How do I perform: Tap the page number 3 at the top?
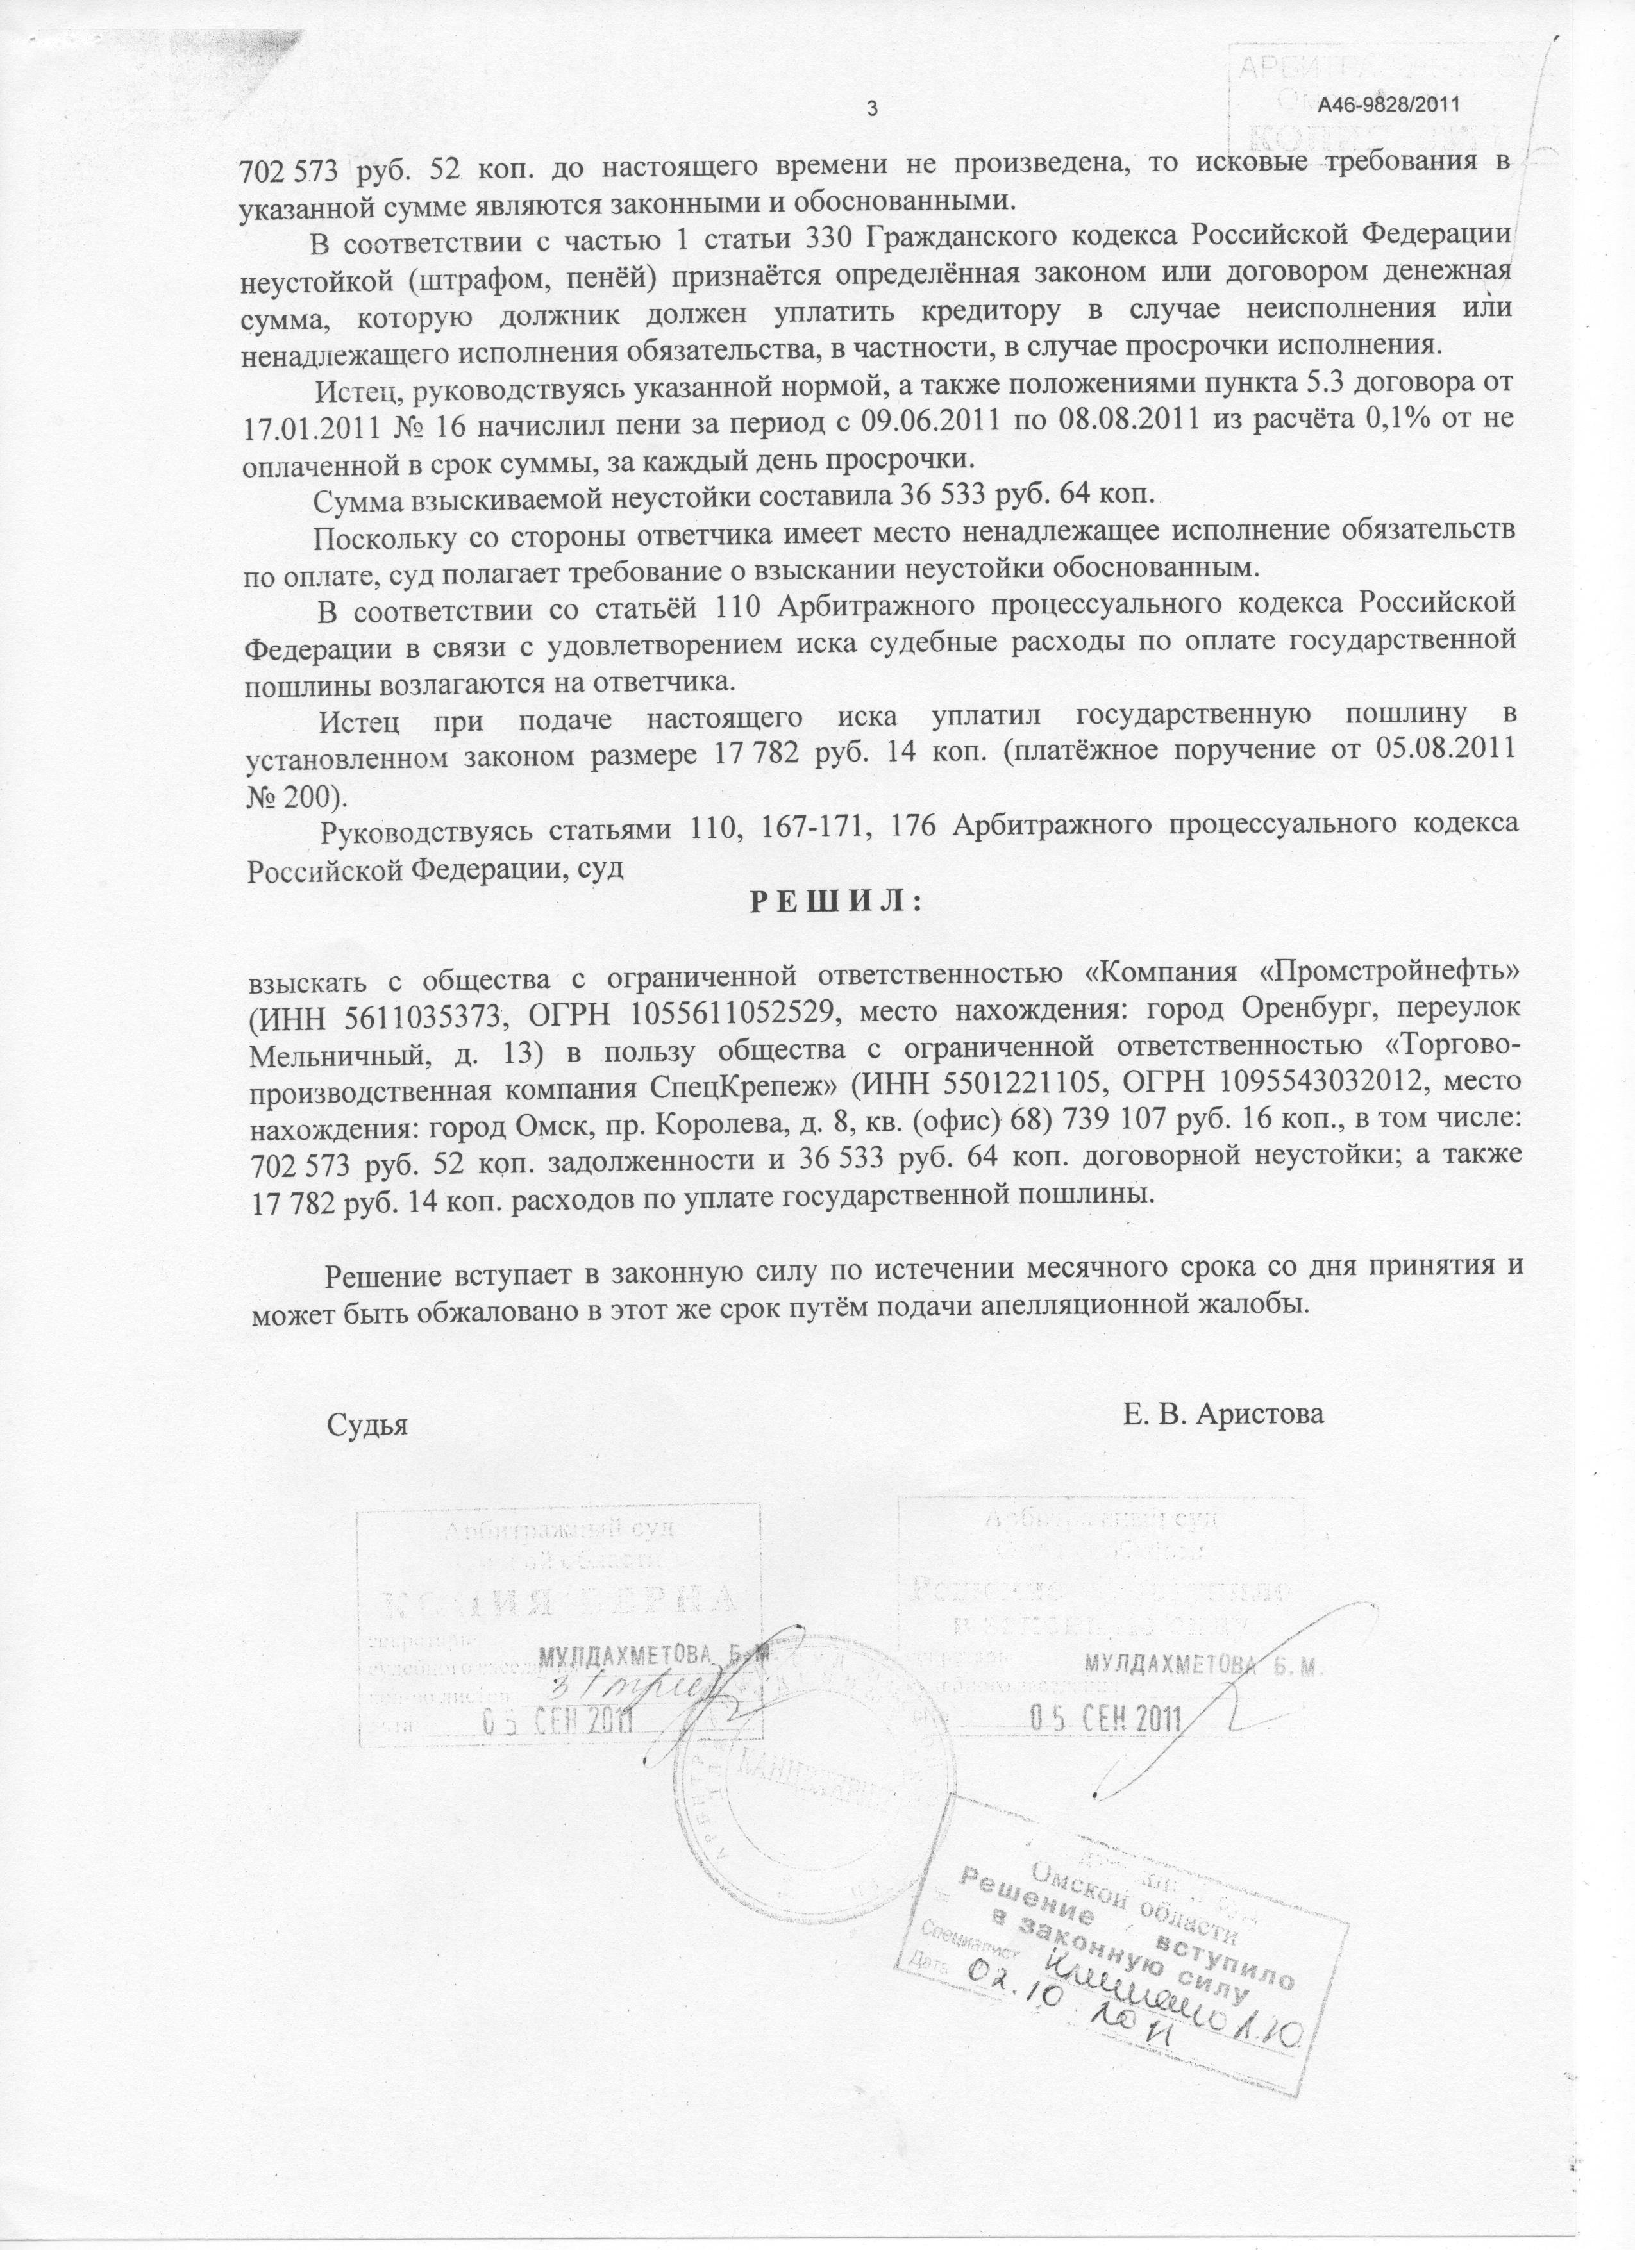[873, 108]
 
